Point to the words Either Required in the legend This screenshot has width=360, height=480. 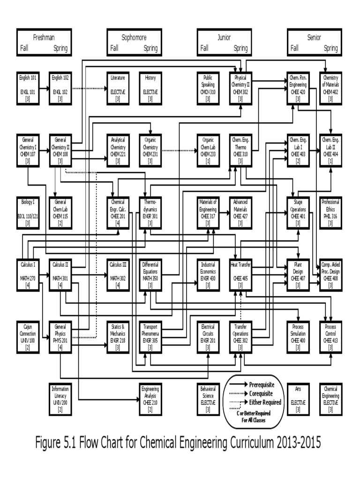point(265,402)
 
